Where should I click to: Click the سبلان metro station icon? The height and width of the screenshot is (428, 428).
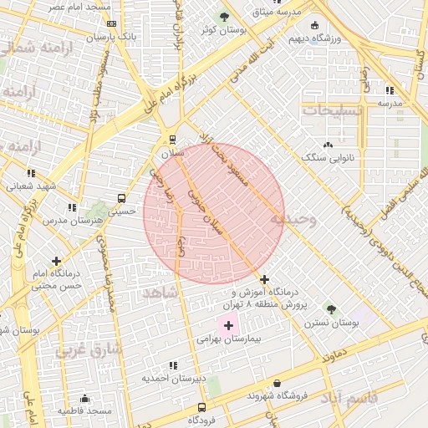[173, 140]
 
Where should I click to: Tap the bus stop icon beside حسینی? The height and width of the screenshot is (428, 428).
[122, 199]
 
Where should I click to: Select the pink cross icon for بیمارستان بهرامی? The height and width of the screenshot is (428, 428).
[228, 324]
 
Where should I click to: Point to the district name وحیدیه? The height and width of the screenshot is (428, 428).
[293, 220]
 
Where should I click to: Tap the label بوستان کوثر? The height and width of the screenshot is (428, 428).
[223, 30]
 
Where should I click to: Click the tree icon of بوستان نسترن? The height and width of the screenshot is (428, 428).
[330, 309]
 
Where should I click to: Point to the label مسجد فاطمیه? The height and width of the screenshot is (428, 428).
[84, 410]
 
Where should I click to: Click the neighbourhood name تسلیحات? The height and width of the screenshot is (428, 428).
[333, 110]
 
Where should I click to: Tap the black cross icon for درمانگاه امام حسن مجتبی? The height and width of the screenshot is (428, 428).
[56, 262]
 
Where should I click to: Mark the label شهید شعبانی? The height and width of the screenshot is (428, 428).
[33, 186]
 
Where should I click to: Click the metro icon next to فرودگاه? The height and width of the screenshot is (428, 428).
[201, 407]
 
